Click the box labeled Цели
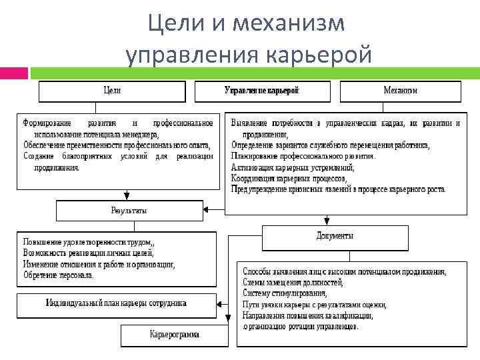(x=112, y=91)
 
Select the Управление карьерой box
(x=262, y=91)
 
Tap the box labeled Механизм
(x=400, y=91)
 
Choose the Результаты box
(x=128, y=211)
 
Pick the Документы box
(x=335, y=236)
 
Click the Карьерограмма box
(x=174, y=335)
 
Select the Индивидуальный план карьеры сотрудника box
(x=116, y=303)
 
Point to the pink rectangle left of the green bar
(x=13, y=73)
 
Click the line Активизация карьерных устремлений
(x=293, y=167)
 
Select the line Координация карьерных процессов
(x=288, y=178)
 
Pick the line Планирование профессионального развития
(x=303, y=157)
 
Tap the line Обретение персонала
(x=58, y=275)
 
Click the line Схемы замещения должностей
(x=293, y=283)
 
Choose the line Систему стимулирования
(x=285, y=293)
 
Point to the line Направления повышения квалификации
(x=307, y=315)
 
